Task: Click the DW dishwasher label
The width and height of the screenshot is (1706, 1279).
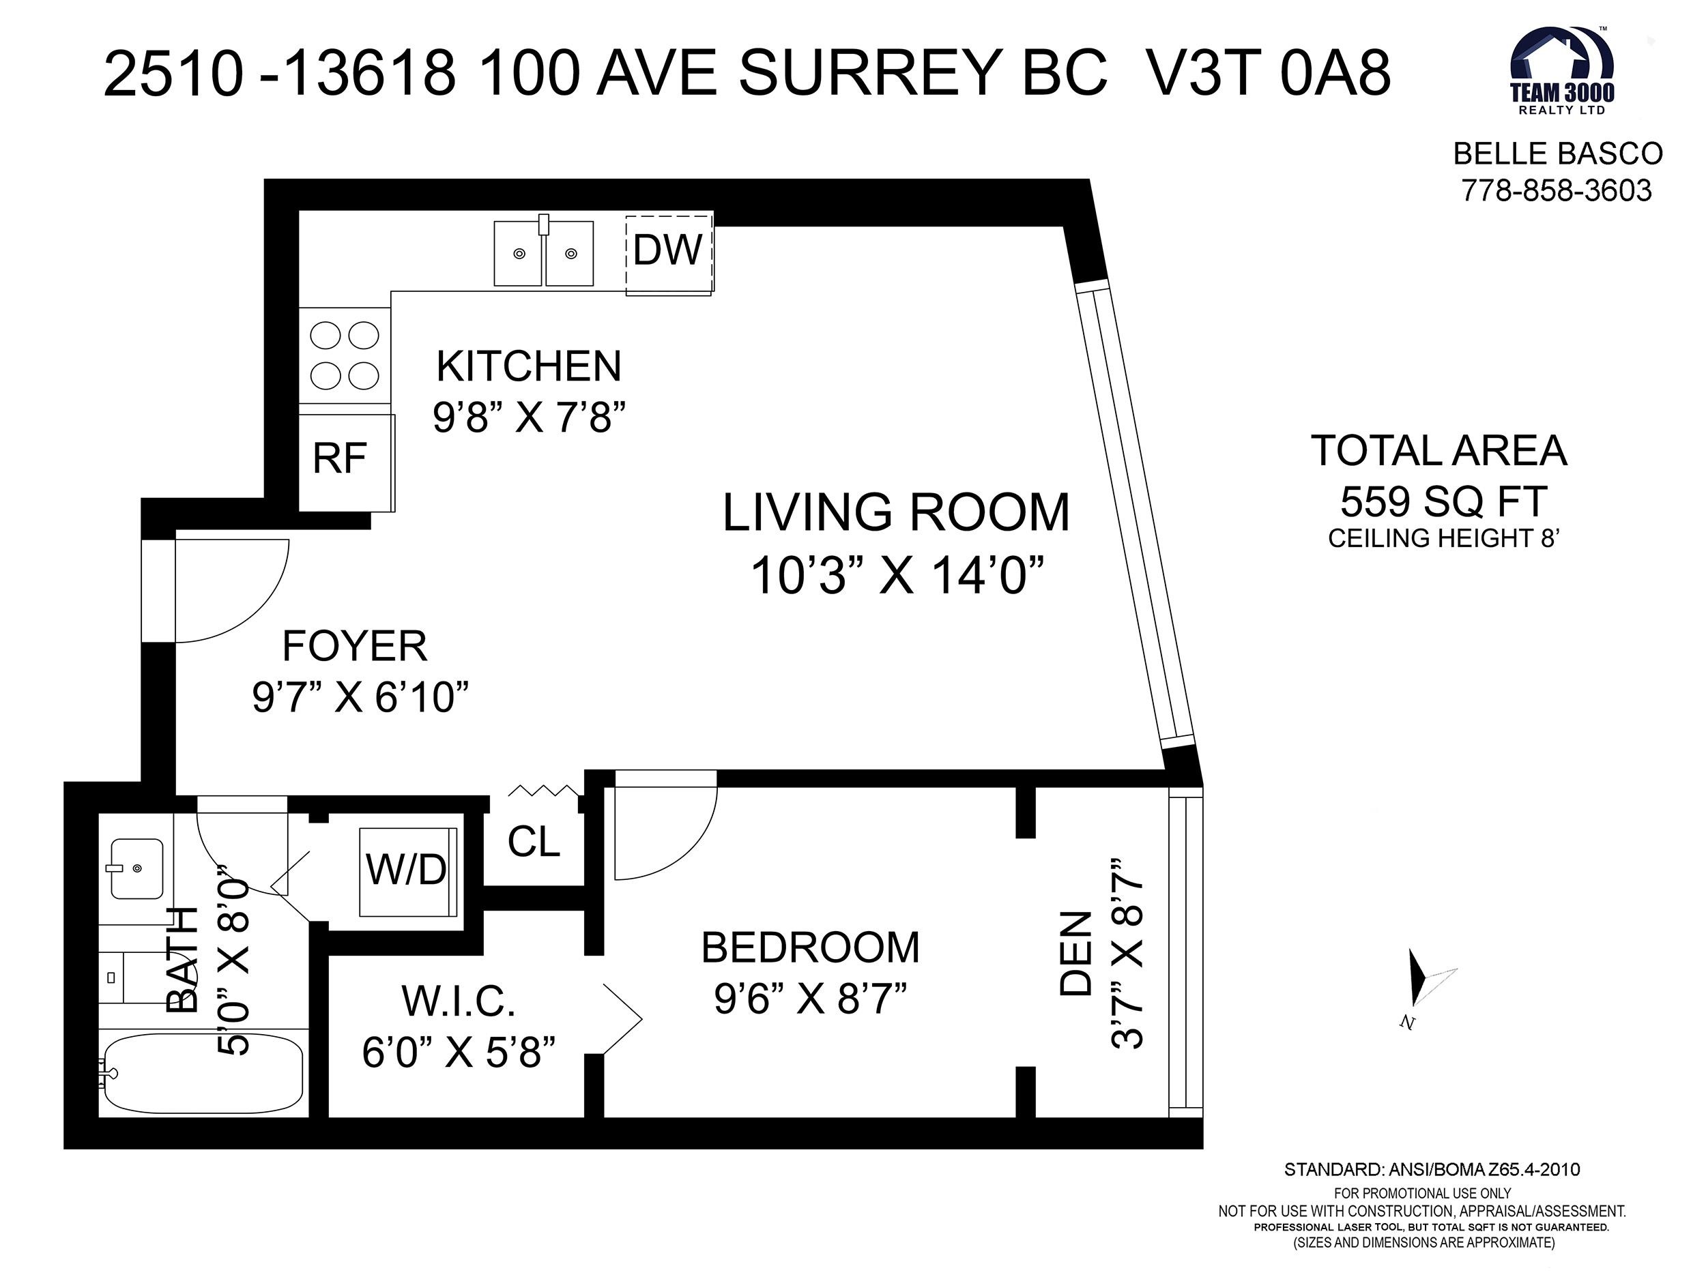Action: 667,250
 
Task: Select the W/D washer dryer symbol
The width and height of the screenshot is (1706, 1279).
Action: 408,872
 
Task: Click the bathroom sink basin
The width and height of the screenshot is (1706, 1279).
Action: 136,869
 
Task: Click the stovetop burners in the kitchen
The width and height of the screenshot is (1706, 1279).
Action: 345,355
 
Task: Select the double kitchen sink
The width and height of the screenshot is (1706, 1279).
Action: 544,251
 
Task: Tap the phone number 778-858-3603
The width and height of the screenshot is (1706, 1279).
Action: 1557,190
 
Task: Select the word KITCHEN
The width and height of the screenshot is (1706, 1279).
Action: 529,366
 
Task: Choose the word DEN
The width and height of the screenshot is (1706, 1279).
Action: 1076,954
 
